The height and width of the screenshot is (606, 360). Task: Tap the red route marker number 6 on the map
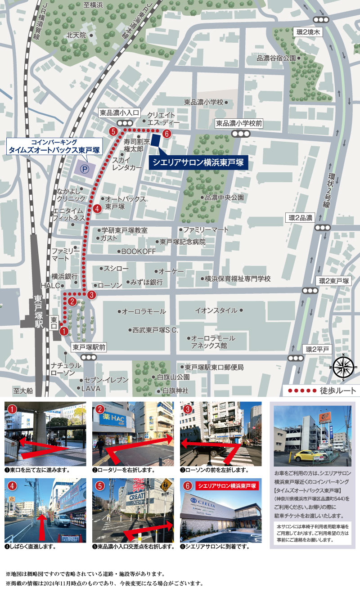[x=166, y=133]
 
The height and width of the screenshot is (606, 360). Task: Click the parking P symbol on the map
[x=84, y=170]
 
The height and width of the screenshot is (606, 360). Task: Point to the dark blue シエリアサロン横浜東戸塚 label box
[x=198, y=162]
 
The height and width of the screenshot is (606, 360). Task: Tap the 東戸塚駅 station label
[x=39, y=312]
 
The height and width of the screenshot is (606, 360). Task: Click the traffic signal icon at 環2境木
[x=321, y=20]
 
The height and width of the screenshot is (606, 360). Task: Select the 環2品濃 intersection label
[x=301, y=218]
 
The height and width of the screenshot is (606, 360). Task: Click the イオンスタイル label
[x=216, y=310]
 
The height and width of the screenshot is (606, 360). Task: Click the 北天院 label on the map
[x=76, y=35]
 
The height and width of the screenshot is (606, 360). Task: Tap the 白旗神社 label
[x=175, y=391]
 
